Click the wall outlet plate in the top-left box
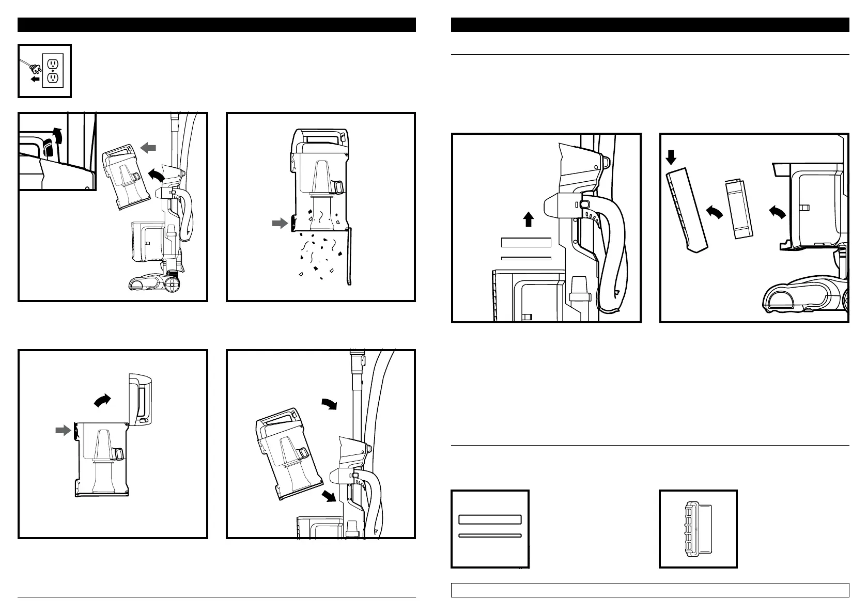tap(53, 71)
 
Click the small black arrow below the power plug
tap(35, 80)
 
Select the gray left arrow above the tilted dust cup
tap(148, 148)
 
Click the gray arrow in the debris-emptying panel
tap(280, 223)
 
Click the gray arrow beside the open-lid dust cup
tap(63, 430)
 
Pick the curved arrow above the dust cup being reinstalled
tap(328, 404)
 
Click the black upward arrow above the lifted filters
tap(528, 220)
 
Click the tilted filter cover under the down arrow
tap(686, 212)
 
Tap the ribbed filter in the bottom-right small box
tap(694, 530)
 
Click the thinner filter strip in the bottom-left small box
tap(490, 536)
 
